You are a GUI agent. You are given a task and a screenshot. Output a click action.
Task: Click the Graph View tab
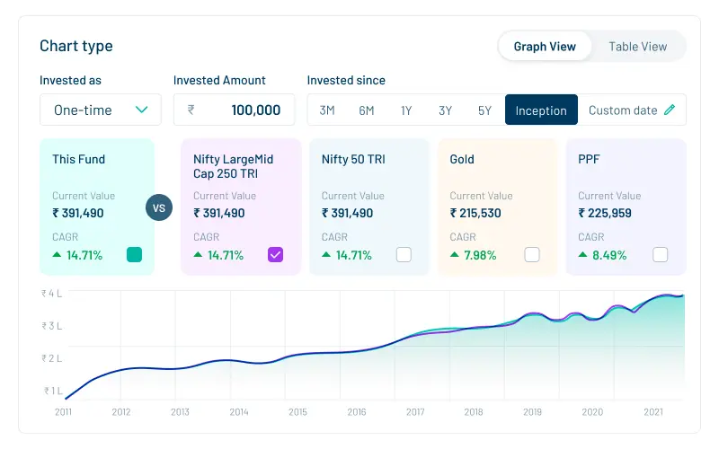tap(545, 47)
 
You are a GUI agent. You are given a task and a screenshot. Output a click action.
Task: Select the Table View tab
tap(637, 47)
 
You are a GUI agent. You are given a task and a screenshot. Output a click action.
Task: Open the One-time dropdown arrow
tap(141, 110)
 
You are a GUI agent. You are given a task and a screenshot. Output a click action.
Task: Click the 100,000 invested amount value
tap(255, 110)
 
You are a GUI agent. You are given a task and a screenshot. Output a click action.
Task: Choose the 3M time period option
tap(327, 110)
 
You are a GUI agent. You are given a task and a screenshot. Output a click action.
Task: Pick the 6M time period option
tap(367, 110)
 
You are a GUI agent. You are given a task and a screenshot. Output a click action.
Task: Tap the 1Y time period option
tap(406, 110)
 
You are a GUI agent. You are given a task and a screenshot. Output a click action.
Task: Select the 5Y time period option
tap(484, 110)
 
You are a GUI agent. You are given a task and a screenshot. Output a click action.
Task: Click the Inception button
tap(541, 110)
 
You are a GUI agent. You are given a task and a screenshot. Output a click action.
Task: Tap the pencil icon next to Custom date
tap(669, 110)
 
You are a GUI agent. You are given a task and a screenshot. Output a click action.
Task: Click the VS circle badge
tap(159, 208)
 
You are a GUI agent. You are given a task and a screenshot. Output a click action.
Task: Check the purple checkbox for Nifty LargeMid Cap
tap(276, 254)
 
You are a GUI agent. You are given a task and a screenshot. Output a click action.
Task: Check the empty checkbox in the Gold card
tap(532, 254)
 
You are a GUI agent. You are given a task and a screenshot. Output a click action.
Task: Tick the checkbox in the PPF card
tap(661, 254)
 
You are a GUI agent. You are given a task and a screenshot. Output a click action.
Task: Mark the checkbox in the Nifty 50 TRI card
tap(404, 254)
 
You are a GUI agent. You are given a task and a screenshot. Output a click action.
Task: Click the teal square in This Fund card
tap(134, 254)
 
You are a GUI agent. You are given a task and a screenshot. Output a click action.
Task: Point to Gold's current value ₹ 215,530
tap(475, 213)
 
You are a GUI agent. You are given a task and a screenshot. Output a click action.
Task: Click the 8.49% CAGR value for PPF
tap(608, 255)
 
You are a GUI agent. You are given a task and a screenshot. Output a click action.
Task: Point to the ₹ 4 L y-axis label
tap(51, 294)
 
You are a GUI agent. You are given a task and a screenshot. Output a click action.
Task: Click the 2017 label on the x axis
tap(415, 412)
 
